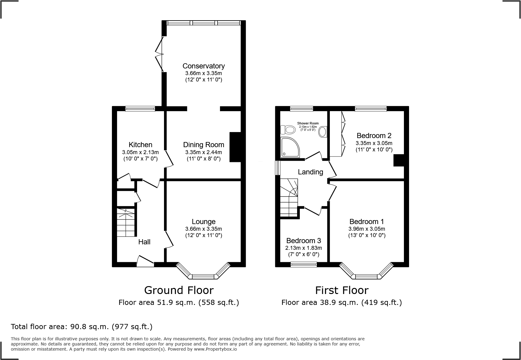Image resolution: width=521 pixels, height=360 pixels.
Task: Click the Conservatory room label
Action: pyautogui.click(x=203, y=66)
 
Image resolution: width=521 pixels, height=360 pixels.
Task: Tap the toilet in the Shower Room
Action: pyautogui.click(x=288, y=130)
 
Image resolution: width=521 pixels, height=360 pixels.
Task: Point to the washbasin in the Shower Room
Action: pyautogui.click(x=323, y=132)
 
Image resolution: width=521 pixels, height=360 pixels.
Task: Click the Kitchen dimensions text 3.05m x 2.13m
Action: pyautogui.click(x=140, y=152)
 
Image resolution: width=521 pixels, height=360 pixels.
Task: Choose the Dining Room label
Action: pyautogui.click(x=203, y=145)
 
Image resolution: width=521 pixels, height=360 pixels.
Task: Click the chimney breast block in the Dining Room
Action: pyautogui.click(x=235, y=147)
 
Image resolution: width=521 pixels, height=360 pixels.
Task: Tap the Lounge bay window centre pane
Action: pyautogui.click(x=203, y=276)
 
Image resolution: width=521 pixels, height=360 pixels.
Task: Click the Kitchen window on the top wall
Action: pyautogui.click(x=140, y=109)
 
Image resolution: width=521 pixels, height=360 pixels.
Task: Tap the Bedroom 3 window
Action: pyautogui.click(x=303, y=264)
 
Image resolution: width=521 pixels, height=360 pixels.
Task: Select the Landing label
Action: pyautogui.click(x=310, y=172)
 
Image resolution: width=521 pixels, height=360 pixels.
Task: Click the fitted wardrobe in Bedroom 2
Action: pyautogui.click(x=336, y=134)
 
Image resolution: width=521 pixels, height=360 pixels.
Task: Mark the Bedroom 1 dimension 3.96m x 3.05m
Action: pyautogui.click(x=366, y=229)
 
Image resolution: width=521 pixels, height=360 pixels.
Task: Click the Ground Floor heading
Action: pyautogui.click(x=179, y=290)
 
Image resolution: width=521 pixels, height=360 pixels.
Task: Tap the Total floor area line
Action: pyautogui.click(x=82, y=327)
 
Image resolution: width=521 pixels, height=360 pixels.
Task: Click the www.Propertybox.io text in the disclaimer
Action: pyautogui.click(x=215, y=349)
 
